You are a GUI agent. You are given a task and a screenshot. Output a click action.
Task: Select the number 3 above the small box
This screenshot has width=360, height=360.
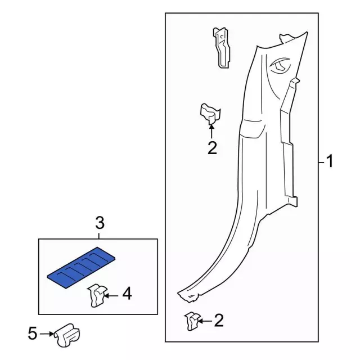pyautogui.click(x=100, y=223)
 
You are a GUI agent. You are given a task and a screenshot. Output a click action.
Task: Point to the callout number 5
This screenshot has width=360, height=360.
pyautogui.click(x=33, y=334)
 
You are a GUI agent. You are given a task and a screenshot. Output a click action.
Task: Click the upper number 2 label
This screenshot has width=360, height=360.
pyautogui.click(x=212, y=148)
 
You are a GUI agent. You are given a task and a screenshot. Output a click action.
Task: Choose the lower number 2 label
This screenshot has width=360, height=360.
pyautogui.click(x=219, y=321)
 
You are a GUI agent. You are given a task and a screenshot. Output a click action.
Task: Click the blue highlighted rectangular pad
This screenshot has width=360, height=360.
pyautogui.click(x=81, y=267)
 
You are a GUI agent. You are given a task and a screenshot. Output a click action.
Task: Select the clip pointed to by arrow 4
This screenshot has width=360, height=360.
pyautogui.click(x=97, y=295)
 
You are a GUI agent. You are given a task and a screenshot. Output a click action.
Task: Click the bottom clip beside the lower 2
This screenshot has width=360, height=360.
pyautogui.click(x=192, y=321)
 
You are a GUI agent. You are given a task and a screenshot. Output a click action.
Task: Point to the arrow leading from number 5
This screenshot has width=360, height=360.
pyautogui.click(x=47, y=334)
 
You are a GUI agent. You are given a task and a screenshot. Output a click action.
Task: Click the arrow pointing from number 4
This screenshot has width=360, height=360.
pyautogui.click(x=111, y=296)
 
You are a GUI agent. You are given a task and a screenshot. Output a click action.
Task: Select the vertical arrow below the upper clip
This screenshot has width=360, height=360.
pyautogui.click(x=211, y=130)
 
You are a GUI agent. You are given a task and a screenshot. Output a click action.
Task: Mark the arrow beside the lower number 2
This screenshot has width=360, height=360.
pyautogui.click(x=205, y=321)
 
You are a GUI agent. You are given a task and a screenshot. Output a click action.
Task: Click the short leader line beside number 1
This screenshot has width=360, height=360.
pyautogui.click(x=322, y=163)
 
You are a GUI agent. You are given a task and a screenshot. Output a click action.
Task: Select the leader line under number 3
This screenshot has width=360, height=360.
pyautogui.click(x=99, y=236)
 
